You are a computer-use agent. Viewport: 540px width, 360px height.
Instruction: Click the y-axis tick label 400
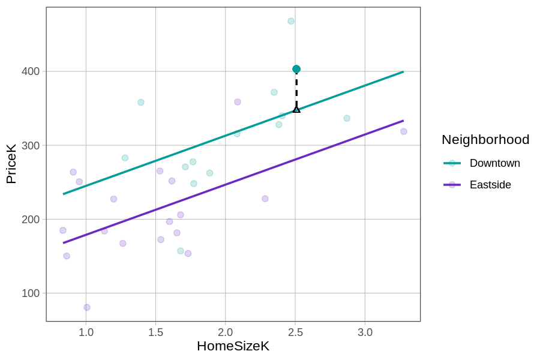click(31, 71)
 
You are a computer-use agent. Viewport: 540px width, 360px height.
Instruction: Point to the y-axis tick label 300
click(31, 145)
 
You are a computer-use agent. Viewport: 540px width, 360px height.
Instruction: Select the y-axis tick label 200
click(31, 219)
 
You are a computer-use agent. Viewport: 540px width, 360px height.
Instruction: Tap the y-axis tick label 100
click(31, 293)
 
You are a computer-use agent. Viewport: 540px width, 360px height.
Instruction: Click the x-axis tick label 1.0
click(86, 332)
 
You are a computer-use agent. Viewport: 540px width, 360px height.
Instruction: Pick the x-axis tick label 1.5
click(155, 332)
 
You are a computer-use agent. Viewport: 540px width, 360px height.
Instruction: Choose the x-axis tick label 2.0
click(226, 332)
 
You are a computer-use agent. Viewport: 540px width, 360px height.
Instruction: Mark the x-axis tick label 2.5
click(295, 332)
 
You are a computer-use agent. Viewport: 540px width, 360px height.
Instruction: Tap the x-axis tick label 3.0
click(365, 332)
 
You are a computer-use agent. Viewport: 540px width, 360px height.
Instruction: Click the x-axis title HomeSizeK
click(233, 346)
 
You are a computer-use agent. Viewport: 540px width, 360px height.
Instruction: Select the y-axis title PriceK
click(11, 164)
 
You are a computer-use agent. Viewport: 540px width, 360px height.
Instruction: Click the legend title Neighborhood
click(485, 140)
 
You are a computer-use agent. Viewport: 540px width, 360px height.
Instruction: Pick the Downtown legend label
click(494, 163)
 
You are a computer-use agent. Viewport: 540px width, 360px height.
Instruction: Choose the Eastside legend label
click(490, 185)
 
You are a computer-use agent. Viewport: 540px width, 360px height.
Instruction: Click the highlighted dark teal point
click(296, 69)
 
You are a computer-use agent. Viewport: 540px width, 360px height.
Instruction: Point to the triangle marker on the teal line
click(296, 109)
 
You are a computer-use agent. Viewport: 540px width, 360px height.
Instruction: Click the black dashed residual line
click(296, 90)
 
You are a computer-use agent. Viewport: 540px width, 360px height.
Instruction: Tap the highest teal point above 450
click(291, 21)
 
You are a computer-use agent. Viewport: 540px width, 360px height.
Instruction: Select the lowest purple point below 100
click(87, 307)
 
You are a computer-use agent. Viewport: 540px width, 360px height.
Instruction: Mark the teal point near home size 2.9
click(347, 118)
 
